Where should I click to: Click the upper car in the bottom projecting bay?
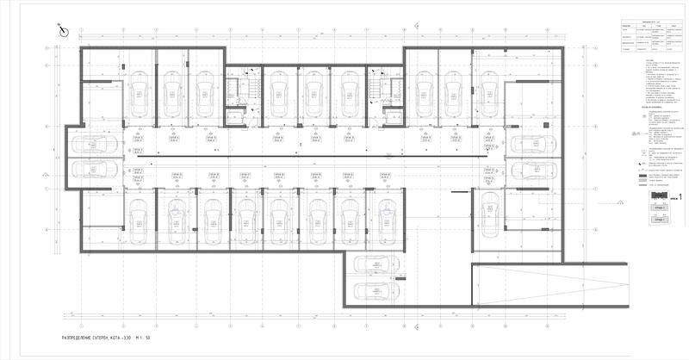click(x=376, y=264)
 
